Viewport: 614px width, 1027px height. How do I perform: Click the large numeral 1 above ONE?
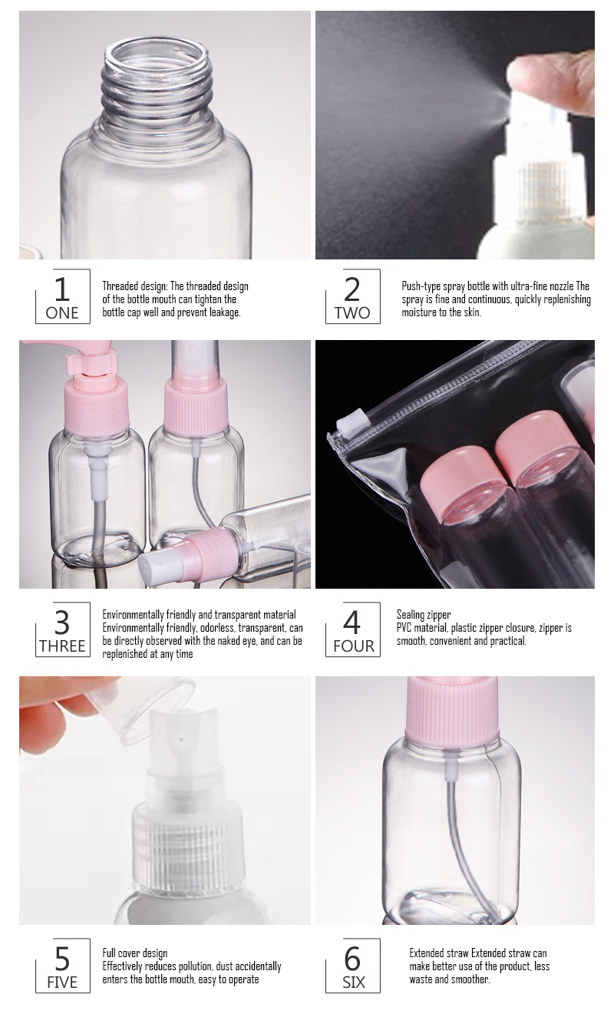pos(62,289)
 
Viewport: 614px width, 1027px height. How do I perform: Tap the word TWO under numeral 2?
pos(352,313)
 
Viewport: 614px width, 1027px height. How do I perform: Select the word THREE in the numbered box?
pos(62,646)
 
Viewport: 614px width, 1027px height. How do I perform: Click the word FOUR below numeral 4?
pos(354,646)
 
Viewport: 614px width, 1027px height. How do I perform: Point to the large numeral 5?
pos(62,959)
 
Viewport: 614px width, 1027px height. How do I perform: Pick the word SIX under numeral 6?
pos(354,982)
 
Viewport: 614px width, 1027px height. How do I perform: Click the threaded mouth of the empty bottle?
pos(158,78)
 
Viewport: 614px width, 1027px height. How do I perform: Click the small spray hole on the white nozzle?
pos(182,739)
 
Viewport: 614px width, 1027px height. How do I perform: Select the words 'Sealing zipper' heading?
pos(424,615)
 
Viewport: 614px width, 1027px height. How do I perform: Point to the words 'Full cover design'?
pos(135,953)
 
